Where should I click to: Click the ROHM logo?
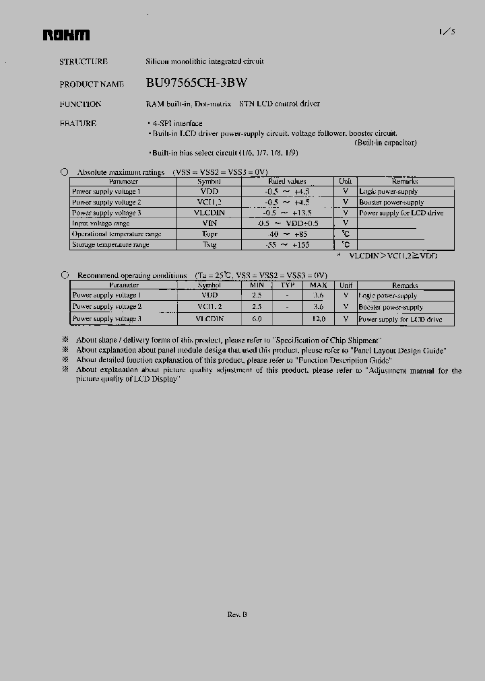pyautogui.click(x=66, y=35)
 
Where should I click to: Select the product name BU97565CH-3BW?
pyautogui.click(x=196, y=83)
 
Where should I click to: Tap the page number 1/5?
pyautogui.click(x=447, y=32)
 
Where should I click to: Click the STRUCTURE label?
pyautogui.click(x=84, y=61)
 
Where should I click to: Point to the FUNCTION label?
pyautogui.click(x=80, y=104)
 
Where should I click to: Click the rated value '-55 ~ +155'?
pyautogui.click(x=287, y=245)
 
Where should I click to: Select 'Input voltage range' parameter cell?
pyautogui.click(x=100, y=223)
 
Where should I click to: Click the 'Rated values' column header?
pyautogui.click(x=287, y=181)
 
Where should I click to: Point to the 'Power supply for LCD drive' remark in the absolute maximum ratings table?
pyautogui.click(x=401, y=213)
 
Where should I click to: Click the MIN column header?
pyautogui.click(x=257, y=285)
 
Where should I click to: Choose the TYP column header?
pyautogui.click(x=288, y=285)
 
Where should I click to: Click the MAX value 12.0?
pyautogui.click(x=318, y=319)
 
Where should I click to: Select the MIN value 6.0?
pyautogui.click(x=257, y=319)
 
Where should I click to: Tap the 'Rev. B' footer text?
pyautogui.click(x=237, y=614)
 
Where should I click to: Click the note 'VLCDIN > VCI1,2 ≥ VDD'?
pyautogui.click(x=392, y=256)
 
